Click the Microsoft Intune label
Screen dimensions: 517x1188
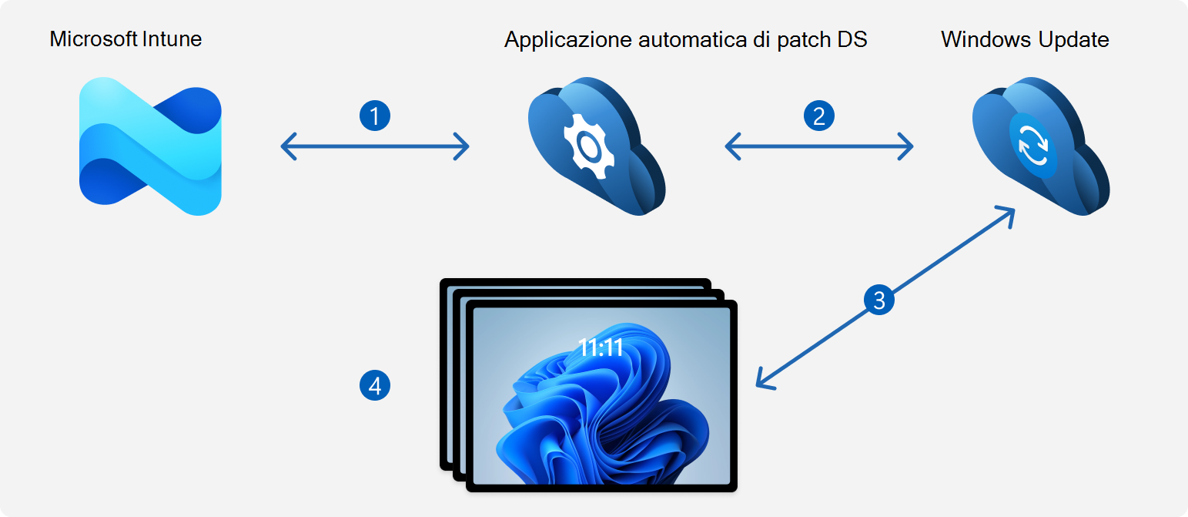[125, 39]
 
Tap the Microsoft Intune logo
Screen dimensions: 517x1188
[150, 146]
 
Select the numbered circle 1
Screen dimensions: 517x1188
[375, 116]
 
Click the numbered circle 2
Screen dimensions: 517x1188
[818, 116]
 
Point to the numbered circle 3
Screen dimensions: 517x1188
[879, 299]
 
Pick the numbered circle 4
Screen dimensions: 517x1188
[375, 384]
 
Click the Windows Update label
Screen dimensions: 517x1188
[1025, 39]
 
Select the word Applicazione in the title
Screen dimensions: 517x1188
[568, 40]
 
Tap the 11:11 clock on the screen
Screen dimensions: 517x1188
[601, 348]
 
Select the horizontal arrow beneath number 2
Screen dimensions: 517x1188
[818, 146]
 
